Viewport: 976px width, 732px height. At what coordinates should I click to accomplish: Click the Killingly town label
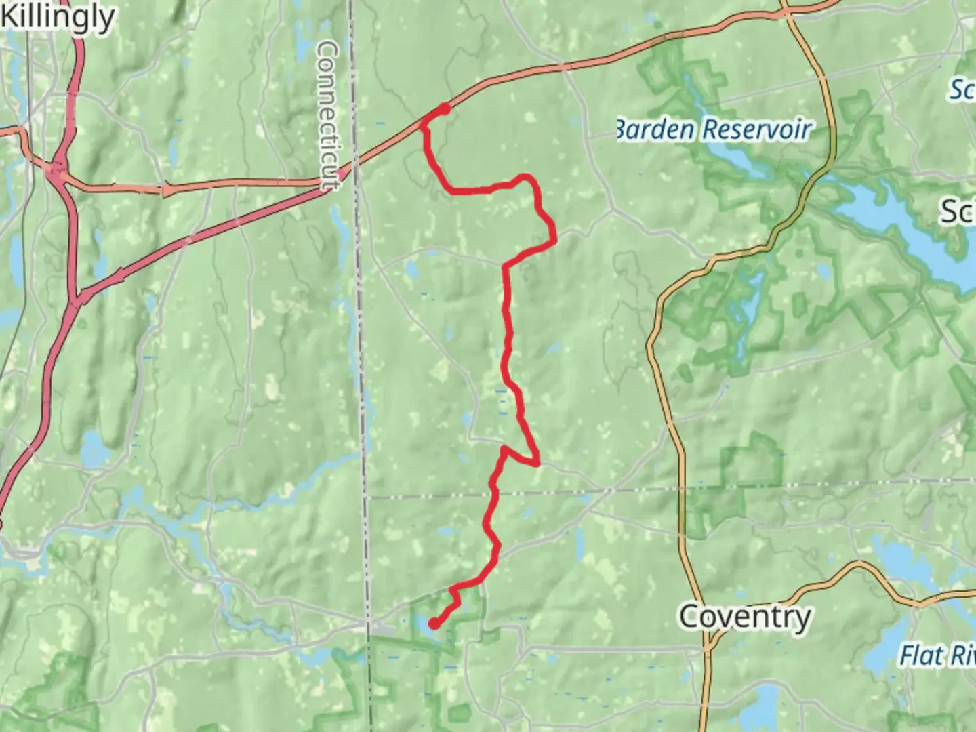58,18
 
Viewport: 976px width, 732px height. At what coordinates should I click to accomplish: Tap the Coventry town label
745,617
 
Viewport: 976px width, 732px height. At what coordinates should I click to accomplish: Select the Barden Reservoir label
713,129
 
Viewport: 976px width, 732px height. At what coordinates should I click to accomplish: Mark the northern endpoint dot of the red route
444,108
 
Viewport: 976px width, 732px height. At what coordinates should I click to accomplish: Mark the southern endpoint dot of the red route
433,624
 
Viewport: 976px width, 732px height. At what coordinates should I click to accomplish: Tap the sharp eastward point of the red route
538,464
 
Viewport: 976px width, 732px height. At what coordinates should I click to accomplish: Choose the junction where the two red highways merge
77,298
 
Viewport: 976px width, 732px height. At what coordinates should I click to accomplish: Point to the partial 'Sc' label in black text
958,211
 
